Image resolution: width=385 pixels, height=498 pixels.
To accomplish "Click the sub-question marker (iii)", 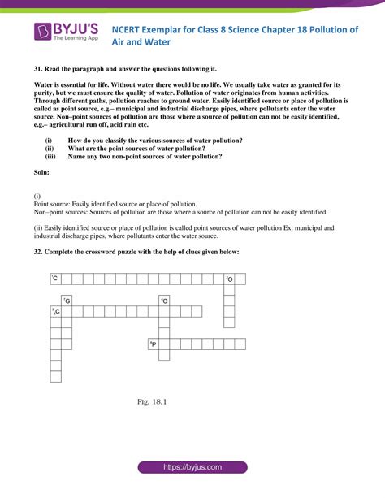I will click(x=50, y=156).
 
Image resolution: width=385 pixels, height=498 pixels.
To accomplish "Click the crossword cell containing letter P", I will click(x=153, y=344).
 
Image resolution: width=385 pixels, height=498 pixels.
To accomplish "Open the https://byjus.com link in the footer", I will click(x=192, y=468).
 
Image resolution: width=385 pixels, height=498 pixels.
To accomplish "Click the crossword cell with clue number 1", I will click(x=55, y=279).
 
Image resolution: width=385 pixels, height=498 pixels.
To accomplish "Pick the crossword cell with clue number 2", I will click(x=229, y=279).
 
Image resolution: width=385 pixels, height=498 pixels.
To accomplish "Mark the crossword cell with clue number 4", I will click(x=164, y=301).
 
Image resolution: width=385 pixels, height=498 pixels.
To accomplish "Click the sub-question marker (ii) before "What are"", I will click(x=50, y=149).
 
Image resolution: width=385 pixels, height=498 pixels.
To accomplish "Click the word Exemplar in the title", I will click(x=180, y=29).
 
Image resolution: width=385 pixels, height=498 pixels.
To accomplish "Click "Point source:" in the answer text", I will click(x=53, y=204).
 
